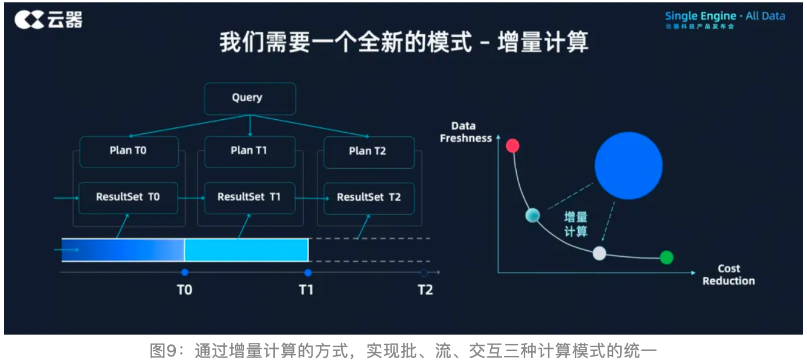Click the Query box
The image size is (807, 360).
click(250, 98)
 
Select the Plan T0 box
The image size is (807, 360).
click(129, 151)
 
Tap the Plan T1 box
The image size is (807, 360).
click(250, 151)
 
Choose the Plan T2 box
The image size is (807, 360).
click(366, 151)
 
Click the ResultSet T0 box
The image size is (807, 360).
click(128, 197)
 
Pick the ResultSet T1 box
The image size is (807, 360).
click(250, 197)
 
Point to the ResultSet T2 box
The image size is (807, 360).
click(369, 198)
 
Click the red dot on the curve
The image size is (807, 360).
click(513, 145)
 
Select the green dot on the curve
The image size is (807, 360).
click(666, 257)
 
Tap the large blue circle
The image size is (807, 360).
click(628, 166)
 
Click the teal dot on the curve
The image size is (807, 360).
click(533, 215)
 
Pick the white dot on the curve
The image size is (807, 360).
click(599, 253)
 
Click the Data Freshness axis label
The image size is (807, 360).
click(465, 132)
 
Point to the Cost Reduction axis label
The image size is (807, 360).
click(729, 275)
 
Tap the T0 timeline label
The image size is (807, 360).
click(185, 290)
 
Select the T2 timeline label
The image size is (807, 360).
click(425, 290)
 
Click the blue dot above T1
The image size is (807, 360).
click(307, 273)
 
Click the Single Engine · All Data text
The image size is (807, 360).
click(725, 16)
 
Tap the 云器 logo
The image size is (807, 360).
click(48, 21)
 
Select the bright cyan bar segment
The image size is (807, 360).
click(247, 250)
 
